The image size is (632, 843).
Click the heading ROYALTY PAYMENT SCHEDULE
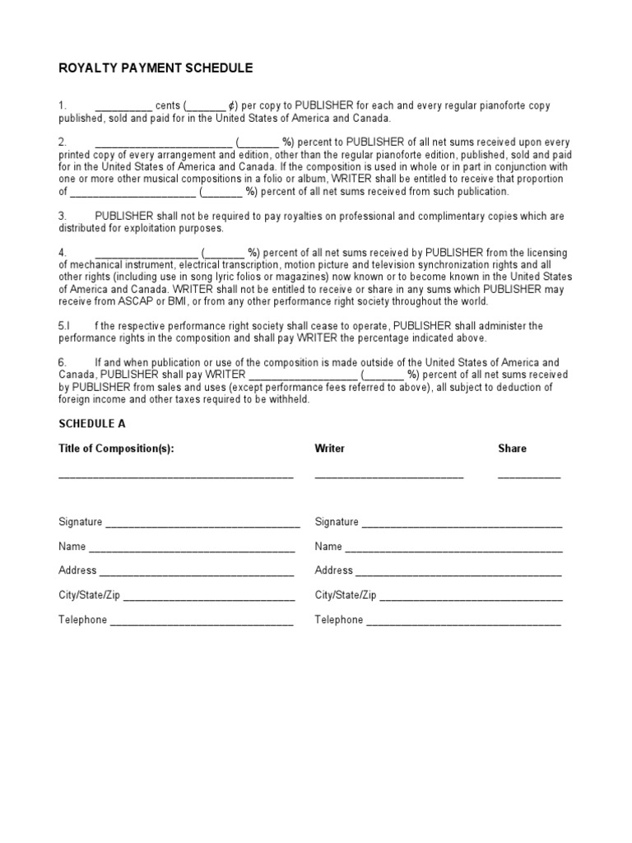click(x=156, y=68)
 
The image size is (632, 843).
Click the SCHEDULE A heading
click(x=92, y=423)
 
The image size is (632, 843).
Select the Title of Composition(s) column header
click(x=116, y=449)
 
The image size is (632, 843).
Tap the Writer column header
click(x=329, y=449)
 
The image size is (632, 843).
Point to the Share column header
click(x=512, y=449)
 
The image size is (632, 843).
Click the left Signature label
click(x=80, y=522)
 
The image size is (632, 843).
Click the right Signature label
click(x=337, y=522)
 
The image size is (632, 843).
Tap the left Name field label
click(x=72, y=547)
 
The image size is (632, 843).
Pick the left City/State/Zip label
click(x=90, y=595)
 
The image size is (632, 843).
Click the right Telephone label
click(x=338, y=620)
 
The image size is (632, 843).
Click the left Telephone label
click(x=82, y=620)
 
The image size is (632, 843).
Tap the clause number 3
click(x=62, y=216)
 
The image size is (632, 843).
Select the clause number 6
click(x=62, y=363)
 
